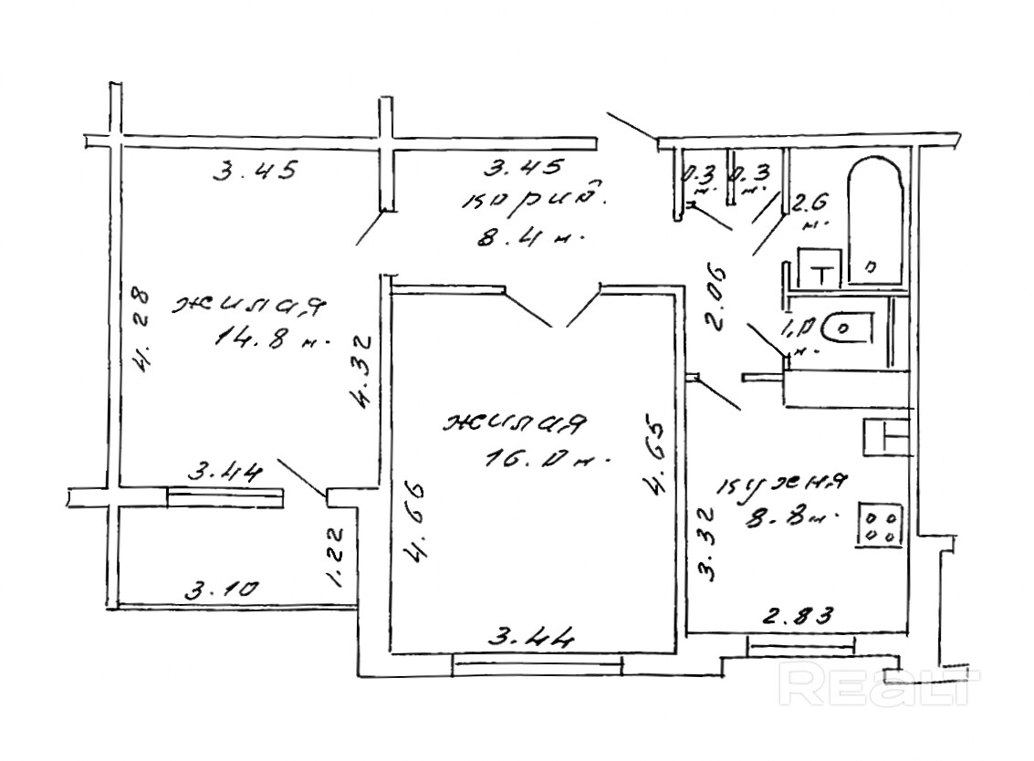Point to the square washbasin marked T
(821, 267)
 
